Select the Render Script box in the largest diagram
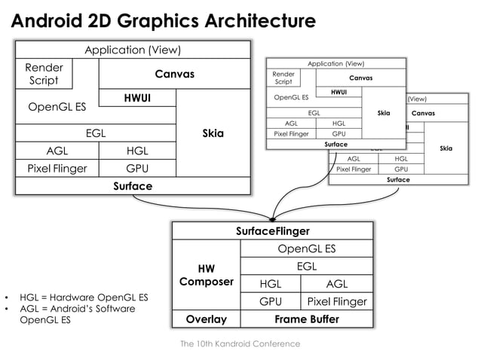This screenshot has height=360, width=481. pos(43,74)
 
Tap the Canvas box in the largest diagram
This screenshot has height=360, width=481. pos(175,74)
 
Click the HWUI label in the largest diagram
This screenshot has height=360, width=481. pos(137,98)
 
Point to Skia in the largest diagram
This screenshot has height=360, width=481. pos(213,133)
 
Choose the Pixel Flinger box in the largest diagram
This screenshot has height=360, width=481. pos(57,168)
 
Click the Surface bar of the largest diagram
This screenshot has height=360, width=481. pos(133,186)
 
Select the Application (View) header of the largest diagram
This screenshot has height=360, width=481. pos(133,50)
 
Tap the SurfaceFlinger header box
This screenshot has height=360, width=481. pos(273,231)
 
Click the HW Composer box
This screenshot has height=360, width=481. pos(206,275)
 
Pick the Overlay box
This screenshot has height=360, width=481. pos(206,319)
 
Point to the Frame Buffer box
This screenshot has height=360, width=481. pos(305,319)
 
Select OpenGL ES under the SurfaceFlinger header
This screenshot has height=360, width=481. pos(306,249)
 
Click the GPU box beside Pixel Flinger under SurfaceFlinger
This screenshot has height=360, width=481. pos(270,301)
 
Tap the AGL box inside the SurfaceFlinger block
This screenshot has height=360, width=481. pos(336,284)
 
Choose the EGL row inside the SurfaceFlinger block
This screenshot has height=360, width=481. pos(306,266)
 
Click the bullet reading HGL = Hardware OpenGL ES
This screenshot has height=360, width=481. pos(78,297)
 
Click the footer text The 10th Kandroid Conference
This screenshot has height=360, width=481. pos(240,343)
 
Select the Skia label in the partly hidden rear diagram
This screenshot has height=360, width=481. pos(446,148)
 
